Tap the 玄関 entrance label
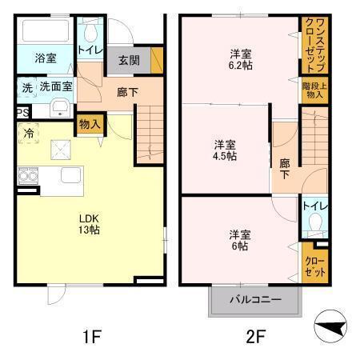pos(129,59)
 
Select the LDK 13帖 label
pos(89,222)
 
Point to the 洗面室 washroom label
pos(57,86)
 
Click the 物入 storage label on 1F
pos(90,123)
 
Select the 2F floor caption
pos(254,337)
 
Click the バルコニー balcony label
pos(254,302)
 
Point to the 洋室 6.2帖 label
pos(241,60)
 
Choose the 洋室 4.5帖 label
pos(225,150)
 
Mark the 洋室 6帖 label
pos(240,241)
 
